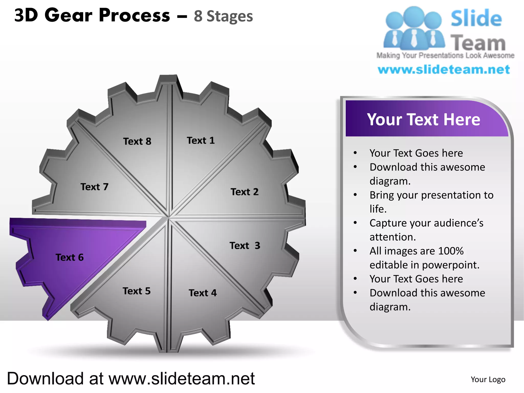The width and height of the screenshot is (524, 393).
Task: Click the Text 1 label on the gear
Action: (201, 140)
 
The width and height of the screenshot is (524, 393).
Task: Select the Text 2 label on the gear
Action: (244, 192)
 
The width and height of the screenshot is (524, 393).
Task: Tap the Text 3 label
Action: (245, 246)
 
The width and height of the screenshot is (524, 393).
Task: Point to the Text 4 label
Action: (203, 293)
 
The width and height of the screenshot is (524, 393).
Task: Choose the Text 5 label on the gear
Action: (136, 291)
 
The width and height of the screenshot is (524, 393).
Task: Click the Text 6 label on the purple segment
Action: (70, 257)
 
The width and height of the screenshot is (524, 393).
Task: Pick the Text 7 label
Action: (94, 187)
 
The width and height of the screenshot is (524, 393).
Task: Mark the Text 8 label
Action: (137, 141)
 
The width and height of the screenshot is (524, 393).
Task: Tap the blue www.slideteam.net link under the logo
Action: (444, 70)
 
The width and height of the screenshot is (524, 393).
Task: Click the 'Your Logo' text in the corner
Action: (488, 379)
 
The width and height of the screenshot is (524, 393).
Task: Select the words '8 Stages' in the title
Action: (223, 16)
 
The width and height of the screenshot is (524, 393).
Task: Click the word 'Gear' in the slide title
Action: (68, 15)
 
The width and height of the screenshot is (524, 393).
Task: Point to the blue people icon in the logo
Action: (414, 28)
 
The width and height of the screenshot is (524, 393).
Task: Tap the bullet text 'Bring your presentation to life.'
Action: (431, 202)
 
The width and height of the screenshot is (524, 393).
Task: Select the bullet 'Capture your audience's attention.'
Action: (426, 230)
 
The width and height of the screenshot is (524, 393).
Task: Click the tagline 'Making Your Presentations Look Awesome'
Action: (445, 56)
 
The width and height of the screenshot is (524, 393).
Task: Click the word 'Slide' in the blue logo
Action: (476, 18)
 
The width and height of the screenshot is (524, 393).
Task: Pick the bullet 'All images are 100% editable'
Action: (424, 258)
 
